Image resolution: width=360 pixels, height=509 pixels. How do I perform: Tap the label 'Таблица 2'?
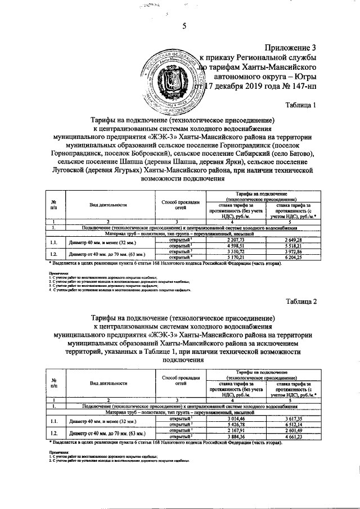301,301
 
